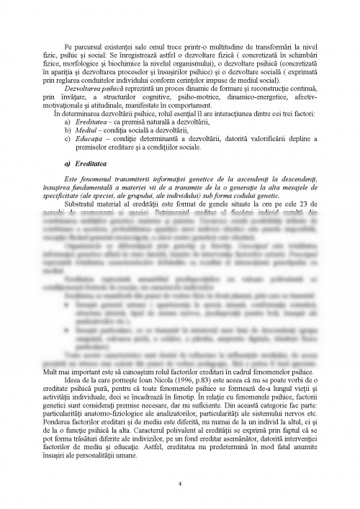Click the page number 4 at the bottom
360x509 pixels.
(x=180, y=484)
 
